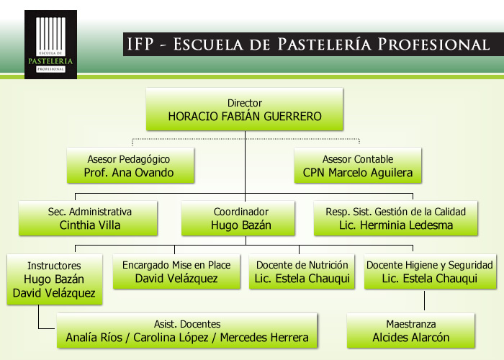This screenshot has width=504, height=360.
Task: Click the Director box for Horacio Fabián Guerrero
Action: point(245,109)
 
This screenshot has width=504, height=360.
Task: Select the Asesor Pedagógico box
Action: point(130,166)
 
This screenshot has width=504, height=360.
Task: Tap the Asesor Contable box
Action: point(358,166)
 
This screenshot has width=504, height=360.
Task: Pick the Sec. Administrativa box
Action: point(88,218)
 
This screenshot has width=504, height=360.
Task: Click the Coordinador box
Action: point(238,218)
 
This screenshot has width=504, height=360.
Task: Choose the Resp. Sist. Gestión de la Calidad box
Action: point(396,218)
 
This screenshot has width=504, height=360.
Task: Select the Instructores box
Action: point(55,279)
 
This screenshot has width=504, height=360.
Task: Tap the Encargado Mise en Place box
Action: point(176,271)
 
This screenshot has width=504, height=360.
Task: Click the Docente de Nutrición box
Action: point(302,271)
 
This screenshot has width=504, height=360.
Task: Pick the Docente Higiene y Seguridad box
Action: point(430,271)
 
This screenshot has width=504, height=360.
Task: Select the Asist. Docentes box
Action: point(186,330)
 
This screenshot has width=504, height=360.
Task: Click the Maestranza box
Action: point(411,330)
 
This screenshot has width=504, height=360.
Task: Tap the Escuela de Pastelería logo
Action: point(51,45)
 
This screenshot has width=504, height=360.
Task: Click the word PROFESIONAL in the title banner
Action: point(433,45)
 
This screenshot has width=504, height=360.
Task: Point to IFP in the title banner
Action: point(140,45)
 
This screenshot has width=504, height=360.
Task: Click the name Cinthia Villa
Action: point(90,225)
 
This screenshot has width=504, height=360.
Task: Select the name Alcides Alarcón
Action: point(411,338)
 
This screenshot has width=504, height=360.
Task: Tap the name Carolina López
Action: point(171,338)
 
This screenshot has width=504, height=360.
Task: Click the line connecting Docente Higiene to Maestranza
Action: point(424,300)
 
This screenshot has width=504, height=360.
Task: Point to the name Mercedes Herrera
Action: point(264,338)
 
